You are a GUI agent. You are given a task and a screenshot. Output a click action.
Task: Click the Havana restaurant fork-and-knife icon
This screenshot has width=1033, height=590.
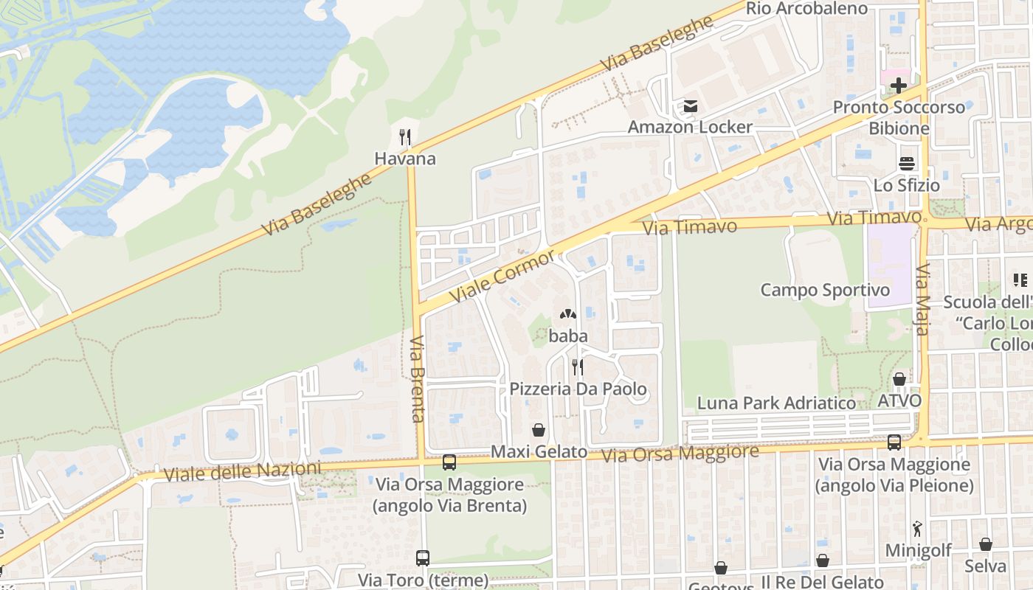point(404,137)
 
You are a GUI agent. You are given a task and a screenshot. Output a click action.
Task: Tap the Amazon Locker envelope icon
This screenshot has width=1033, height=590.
point(690,106)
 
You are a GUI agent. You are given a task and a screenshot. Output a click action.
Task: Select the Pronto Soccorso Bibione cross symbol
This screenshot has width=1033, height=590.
point(898,86)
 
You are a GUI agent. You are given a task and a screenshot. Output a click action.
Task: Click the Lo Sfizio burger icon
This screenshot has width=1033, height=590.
point(906,164)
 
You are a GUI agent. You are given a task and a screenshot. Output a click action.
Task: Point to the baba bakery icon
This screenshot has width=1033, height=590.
point(568,315)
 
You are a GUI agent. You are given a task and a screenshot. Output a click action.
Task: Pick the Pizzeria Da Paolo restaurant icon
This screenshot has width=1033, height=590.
point(578,367)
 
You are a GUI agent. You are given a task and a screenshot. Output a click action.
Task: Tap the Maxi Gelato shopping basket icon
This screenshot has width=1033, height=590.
point(539,430)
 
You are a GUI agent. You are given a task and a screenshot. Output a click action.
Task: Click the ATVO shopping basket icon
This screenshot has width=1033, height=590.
point(899,380)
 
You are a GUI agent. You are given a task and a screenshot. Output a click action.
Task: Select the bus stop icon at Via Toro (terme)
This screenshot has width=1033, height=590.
point(422,558)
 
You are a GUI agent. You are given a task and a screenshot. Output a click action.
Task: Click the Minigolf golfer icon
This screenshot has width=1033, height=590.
point(917,529)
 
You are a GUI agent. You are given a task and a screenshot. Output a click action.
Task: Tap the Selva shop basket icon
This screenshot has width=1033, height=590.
point(985,545)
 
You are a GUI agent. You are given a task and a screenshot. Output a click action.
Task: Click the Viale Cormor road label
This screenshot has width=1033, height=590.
point(503,275)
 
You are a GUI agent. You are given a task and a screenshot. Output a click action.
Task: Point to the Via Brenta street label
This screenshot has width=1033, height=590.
point(418,379)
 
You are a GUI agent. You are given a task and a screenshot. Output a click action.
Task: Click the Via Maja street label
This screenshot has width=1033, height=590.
point(922,300)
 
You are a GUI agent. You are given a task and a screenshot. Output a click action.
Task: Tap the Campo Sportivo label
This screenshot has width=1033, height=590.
point(825,290)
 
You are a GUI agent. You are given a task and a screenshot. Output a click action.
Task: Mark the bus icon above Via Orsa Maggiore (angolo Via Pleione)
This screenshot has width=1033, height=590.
point(894,442)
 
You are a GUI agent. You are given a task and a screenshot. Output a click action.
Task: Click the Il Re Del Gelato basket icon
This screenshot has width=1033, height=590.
point(822,561)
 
